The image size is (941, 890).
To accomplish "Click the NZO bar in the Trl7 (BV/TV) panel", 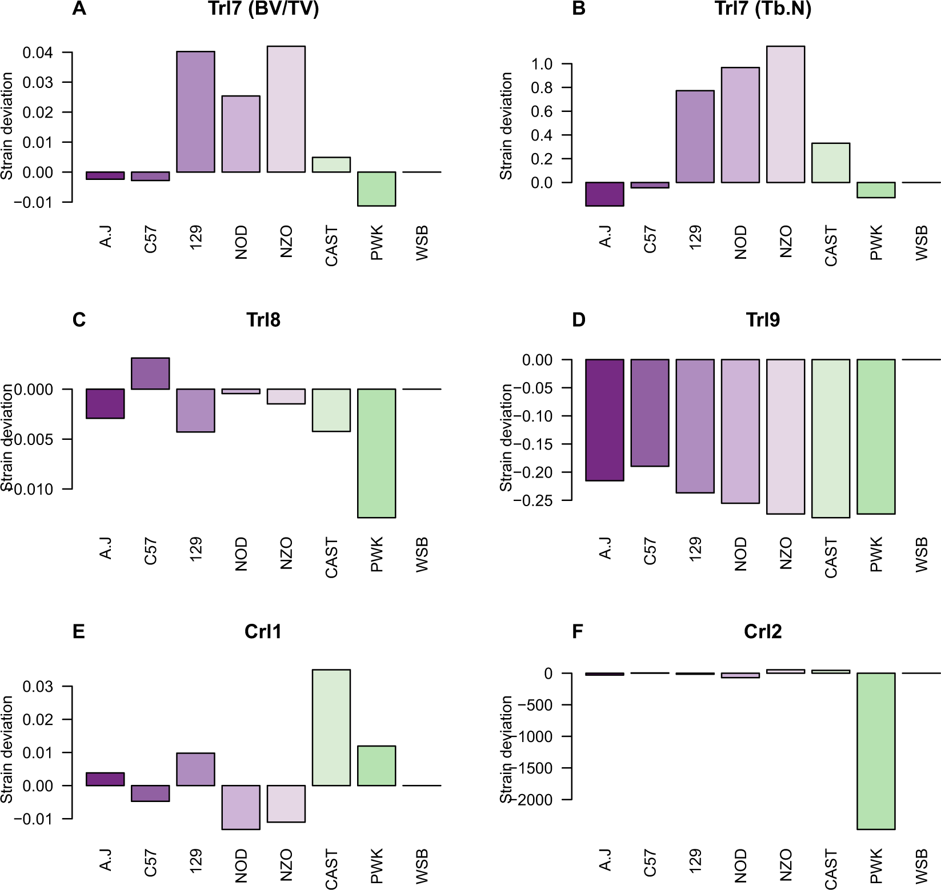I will pyautogui.click(x=286, y=109).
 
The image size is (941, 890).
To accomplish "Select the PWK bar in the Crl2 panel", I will pyautogui.click(x=876, y=751).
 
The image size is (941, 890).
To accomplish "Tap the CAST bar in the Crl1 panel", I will pyautogui.click(x=331, y=727).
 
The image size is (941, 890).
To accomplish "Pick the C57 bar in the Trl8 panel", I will pyautogui.click(x=150, y=374).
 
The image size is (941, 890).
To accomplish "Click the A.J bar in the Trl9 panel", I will pyautogui.click(x=605, y=420).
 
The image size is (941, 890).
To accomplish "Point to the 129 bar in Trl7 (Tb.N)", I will pyautogui.click(x=695, y=137).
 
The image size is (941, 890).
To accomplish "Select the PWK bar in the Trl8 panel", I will pyautogui.click(x=377, y=453).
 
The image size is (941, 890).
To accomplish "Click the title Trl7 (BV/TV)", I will pyautogui.click(x=263, y=10).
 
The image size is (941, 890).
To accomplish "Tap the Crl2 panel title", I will pyautogui.click(x=762, y=631).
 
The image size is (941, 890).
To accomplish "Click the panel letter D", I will pyautogui.click(x=578, y=319).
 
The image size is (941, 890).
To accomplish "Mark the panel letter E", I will pyautogui.click(x=78, y=631).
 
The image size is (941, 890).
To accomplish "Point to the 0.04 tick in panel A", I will pyautogui.click(x=38, y=53).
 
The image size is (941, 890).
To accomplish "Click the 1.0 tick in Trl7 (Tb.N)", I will pyautogui.click(x=543, y=64).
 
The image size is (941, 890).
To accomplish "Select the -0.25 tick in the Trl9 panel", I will pyautogui.click(x=537, y=500).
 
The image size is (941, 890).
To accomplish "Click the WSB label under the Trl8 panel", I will pyautogui.click(x=422, y=554).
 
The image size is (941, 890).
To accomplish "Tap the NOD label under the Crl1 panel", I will pyautogui.click(x=241, y=866).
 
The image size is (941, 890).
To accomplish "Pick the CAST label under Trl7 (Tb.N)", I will pyautogui.click(x=831, y=246).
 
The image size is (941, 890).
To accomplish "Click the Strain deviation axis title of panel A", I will pyautogui.click(x=7, y=126).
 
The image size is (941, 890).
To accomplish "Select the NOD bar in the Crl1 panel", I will pyautogui.click(x=241, y=807).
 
